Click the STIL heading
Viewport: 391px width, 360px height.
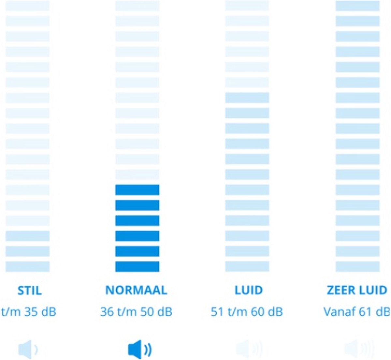[30, 291]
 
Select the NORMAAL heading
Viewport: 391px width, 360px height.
[136, 290]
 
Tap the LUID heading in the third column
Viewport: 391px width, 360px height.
[249, 290]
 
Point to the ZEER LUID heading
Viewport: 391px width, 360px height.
[357, 290]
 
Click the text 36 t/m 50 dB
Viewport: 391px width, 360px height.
[136, 311]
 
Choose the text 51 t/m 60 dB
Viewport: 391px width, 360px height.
[247, 311]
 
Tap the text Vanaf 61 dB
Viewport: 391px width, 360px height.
[357, 311]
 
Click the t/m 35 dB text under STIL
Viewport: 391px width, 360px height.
[29, 311]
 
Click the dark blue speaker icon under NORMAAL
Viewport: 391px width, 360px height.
[140, 350]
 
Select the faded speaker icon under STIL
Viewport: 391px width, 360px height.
[28, 350]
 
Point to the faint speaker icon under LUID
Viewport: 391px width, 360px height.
[249, 349]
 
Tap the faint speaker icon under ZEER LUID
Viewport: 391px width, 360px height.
[359, 349]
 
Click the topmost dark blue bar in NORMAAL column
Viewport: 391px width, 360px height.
[137, 190]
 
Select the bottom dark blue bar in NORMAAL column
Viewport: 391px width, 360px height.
[137, 266]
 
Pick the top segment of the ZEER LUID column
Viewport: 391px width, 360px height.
[357, 6]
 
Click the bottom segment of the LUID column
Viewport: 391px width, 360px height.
[247, 266]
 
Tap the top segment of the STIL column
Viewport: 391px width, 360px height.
[27, 6]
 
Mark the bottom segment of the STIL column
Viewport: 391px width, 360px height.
[27, 266]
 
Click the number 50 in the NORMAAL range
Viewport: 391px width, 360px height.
[147, 311]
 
